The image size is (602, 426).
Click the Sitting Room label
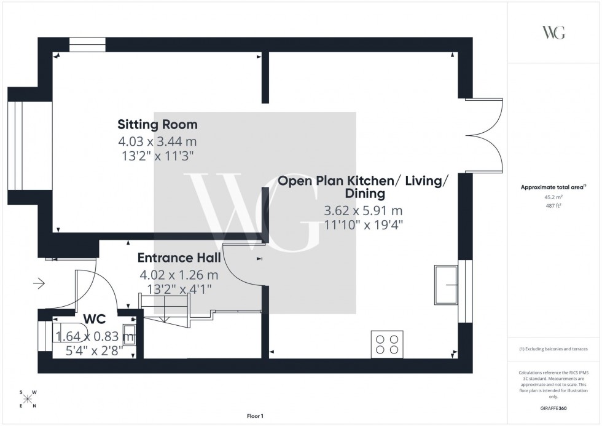click(x=158, y=125)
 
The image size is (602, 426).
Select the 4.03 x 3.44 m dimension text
click(x=158, y=141)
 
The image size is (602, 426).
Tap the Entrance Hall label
click(x=179, y=258)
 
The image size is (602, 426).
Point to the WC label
click(x=95, y=318)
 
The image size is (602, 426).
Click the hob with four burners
click(x=387, y=342)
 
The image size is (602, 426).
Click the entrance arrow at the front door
click(x=39, y=283)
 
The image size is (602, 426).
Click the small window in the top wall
click(x=87, y=44)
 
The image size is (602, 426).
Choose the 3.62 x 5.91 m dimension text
click(x=364, y=211)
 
